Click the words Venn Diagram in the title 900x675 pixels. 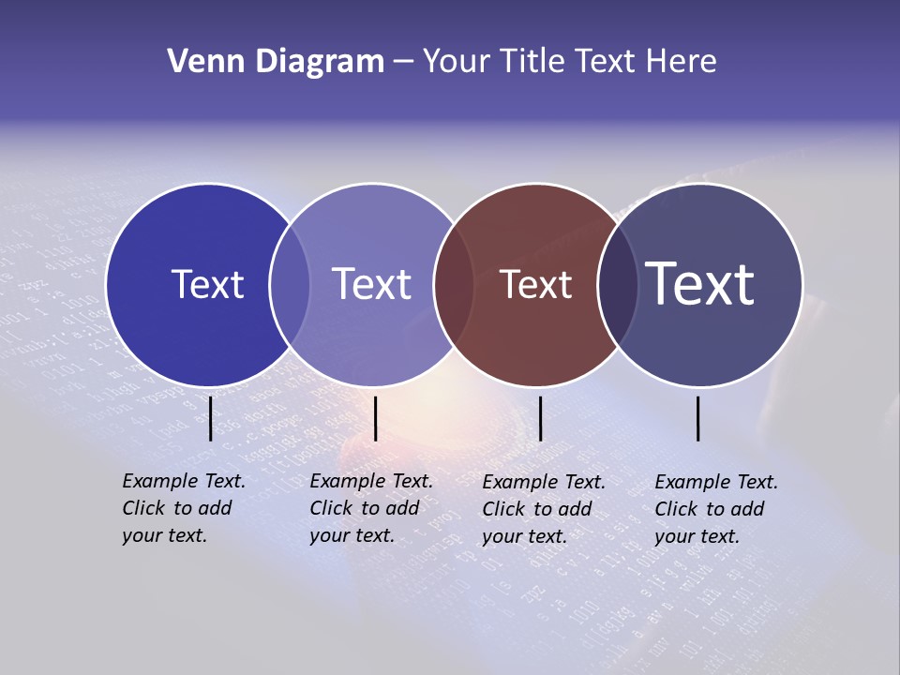276,62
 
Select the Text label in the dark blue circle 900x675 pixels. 207,284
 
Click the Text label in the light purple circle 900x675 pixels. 372,284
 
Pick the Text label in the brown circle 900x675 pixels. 536,284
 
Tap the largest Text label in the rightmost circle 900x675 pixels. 700,283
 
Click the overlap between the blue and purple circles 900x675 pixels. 290,285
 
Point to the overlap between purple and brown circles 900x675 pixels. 454,285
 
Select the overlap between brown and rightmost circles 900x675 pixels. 618,285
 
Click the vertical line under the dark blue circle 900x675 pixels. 211,418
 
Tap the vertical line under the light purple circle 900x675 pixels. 375,418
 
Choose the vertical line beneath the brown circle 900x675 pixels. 540,418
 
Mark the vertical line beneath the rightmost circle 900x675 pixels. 698,418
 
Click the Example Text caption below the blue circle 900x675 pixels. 184,508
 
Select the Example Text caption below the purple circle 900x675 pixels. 371,508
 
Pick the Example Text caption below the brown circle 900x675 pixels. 544,509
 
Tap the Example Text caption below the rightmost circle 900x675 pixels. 716,509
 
